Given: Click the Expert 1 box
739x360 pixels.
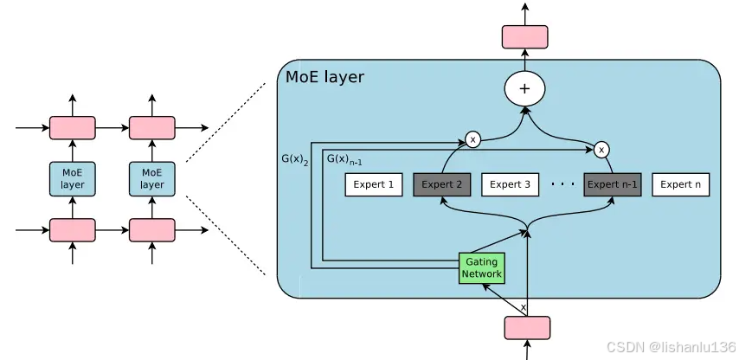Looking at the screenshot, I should (374, 184).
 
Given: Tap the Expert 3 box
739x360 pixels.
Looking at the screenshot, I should (511, 184).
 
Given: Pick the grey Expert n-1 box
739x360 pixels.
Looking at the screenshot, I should (613, 184).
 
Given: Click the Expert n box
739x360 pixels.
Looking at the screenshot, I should (681, 184).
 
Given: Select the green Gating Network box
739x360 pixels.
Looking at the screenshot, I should (482, 267).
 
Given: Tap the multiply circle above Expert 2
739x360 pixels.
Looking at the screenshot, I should (473, 138).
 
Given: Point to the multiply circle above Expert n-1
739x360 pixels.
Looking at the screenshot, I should (601, 150).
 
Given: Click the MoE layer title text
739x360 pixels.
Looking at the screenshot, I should (325, 77).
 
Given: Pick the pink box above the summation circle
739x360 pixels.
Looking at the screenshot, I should (525, 36).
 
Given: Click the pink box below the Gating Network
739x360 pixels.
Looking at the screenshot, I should (527, 328).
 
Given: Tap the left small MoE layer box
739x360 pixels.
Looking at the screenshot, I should (72, 178).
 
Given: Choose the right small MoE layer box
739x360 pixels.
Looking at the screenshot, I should (151, 178).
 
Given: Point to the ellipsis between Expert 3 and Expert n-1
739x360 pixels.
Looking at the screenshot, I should (562, 184).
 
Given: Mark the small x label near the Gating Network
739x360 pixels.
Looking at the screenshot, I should (523, 307).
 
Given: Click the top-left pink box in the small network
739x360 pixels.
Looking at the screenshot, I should (72, 128).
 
